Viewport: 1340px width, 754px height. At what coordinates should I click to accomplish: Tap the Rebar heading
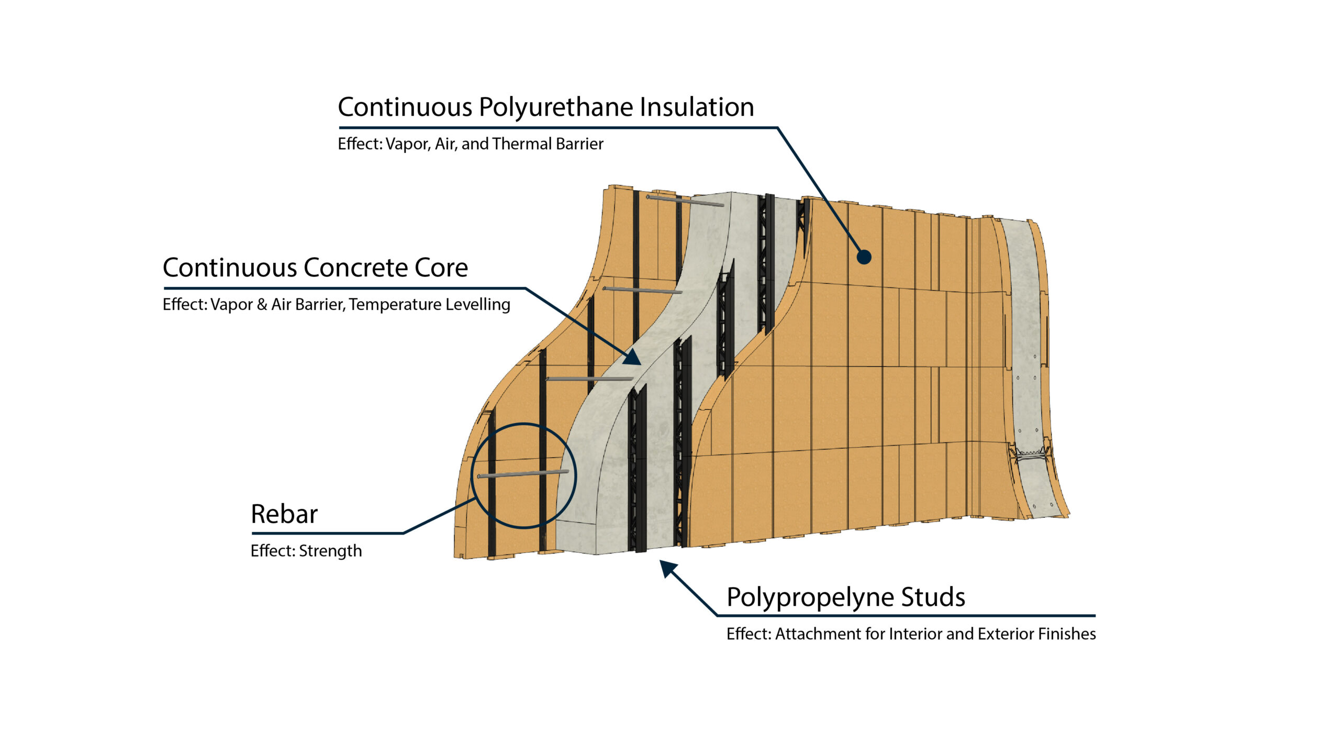[284, 514]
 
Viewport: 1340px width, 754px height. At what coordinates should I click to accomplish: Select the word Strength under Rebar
[330, 551]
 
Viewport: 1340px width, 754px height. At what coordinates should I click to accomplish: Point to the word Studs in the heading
[933, 597]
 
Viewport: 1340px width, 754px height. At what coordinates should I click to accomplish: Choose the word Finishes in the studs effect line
[1066, 634]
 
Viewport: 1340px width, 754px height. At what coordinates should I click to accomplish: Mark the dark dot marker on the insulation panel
[864, 257]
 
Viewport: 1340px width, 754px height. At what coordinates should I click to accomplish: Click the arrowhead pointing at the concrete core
[633, 358]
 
